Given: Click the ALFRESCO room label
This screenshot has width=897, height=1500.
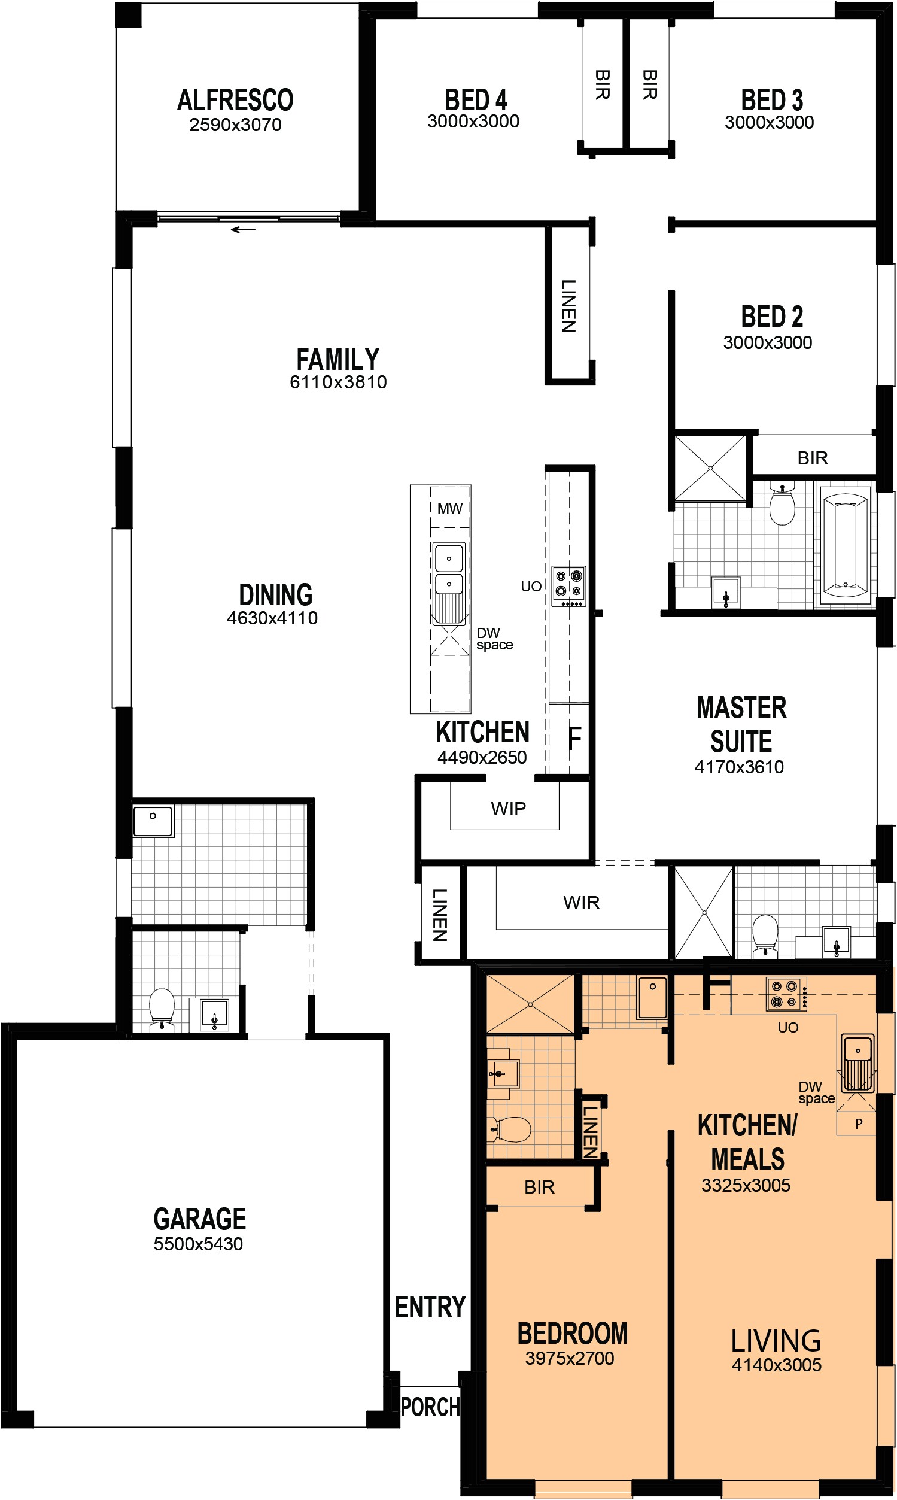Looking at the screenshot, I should (235, 101).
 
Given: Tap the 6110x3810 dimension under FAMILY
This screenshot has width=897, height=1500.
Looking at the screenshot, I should (338, 382).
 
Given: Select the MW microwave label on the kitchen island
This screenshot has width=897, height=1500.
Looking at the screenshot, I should (450, 508).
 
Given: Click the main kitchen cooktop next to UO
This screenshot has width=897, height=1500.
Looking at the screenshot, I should (569, 586).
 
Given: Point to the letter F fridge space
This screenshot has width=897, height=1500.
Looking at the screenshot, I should (574, 737).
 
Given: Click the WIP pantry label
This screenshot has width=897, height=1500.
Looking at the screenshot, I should (509, 808).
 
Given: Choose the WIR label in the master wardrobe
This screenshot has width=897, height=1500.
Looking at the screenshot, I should (582, 903).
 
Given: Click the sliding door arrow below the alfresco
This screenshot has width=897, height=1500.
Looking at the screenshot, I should (243, 230).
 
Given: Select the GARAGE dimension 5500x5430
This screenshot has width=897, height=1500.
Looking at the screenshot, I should (198, 1244).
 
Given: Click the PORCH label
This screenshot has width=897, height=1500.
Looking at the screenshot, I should (430, 1407).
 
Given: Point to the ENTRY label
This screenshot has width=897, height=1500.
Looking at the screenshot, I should (430, 1307).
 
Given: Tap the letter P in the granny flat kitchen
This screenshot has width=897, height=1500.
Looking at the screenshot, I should (858, 1124).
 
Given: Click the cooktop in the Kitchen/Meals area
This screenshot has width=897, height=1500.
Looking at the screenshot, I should (786, 994).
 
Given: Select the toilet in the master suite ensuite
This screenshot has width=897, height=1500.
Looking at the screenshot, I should (765, 935).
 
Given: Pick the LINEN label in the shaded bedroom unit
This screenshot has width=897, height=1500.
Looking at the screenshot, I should (590, 1130).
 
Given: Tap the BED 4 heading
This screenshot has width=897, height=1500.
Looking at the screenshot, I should (476, 100).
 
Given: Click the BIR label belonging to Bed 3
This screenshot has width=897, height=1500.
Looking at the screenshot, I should (650, 84).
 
